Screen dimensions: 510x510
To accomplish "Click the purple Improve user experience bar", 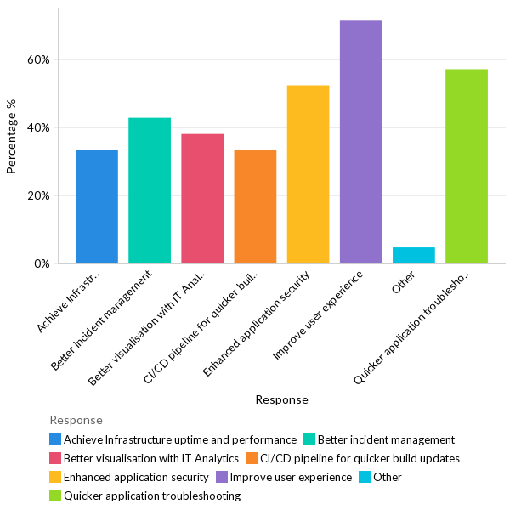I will click(360, 142).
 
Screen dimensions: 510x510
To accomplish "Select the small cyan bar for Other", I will click(414, 255).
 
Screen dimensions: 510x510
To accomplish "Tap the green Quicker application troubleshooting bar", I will click(467, 167).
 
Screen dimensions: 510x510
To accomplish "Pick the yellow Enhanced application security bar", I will click(308, 174).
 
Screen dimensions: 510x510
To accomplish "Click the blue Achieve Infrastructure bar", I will click(97, 207).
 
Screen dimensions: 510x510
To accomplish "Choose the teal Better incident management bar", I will click(150, 190).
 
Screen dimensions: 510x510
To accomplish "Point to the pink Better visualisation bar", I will click(202, 199).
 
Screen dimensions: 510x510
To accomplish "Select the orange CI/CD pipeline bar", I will click(255, 207).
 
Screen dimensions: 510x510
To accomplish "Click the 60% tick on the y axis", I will click(39, 60).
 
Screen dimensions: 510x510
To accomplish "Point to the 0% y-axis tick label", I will click(42, 264).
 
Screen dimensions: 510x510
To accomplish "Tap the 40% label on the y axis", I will click(39, 128).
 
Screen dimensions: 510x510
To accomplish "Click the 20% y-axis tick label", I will click(39, 196).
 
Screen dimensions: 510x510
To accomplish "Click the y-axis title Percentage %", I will click(12, 136).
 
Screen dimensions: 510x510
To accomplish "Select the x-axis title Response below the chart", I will click(281, 399).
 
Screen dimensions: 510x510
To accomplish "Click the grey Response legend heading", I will click(76, 420).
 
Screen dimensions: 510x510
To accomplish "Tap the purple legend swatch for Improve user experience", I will click(222, 477).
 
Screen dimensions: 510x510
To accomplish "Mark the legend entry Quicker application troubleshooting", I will click(152, 496).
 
